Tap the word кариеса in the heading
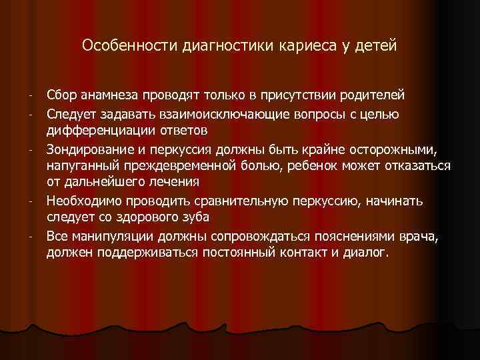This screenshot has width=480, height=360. pyautogui.click(x=300, y=46)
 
